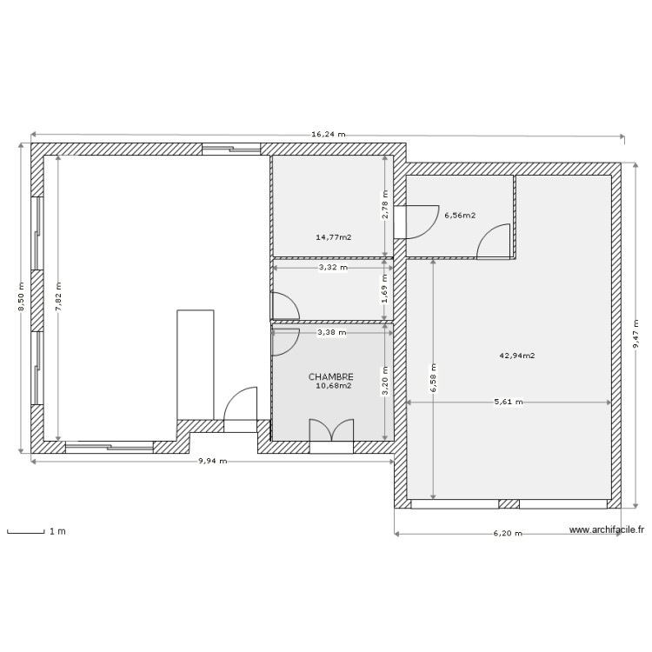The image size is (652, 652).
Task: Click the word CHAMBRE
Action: click(331, 377)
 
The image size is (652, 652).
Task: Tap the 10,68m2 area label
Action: click(335, 386)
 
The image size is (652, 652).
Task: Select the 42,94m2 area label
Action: click(517, 355)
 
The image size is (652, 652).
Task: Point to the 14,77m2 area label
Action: click(333, 236)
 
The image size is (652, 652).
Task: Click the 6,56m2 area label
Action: click(460, 215)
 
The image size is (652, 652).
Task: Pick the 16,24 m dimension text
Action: click(328, 135)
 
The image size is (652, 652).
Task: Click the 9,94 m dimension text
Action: click(212, 462)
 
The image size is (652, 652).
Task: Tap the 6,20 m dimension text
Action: click(508, 534)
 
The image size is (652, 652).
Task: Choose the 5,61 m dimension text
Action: click(509, 403)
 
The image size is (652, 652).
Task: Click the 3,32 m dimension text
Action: click(332, 268)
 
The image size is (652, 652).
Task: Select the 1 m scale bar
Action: click(26, 531)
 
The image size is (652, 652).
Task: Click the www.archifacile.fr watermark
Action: click(607, 529)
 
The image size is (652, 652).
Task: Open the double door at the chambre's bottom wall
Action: click(331, 432)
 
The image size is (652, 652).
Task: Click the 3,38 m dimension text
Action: click(332, 332)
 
